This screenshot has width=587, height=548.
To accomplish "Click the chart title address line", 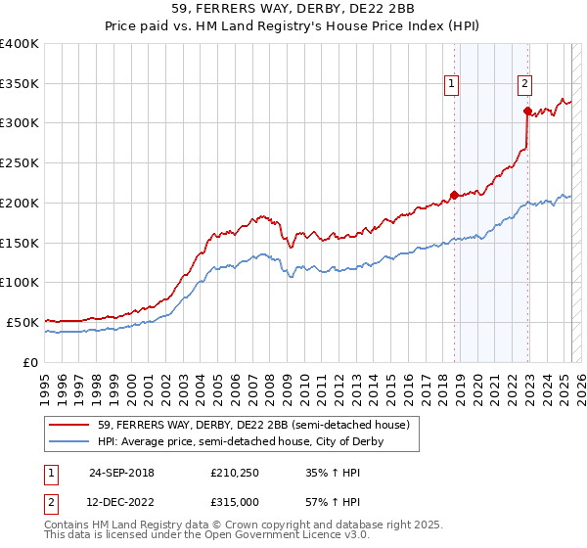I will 293,9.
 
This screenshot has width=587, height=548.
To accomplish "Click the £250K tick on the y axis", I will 20,162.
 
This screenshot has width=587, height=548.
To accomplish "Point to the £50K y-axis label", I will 23,322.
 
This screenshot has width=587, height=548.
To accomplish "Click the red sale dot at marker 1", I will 454,194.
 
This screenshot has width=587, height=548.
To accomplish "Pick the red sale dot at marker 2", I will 527,111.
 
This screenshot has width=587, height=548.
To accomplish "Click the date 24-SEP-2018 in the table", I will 121,474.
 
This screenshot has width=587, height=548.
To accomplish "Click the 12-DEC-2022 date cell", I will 121,502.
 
